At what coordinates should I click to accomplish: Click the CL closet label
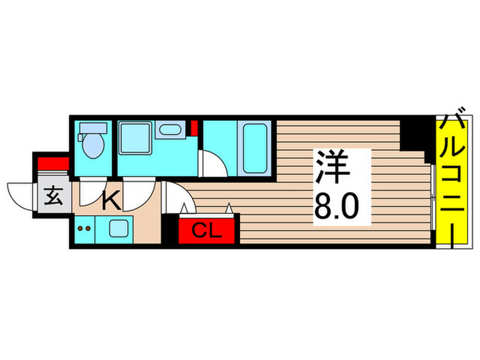coord(208,230)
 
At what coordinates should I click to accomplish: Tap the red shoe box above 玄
coord(52,163)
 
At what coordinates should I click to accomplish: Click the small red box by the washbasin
coord(194,128)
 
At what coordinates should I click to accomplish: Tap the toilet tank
coord(92,128)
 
